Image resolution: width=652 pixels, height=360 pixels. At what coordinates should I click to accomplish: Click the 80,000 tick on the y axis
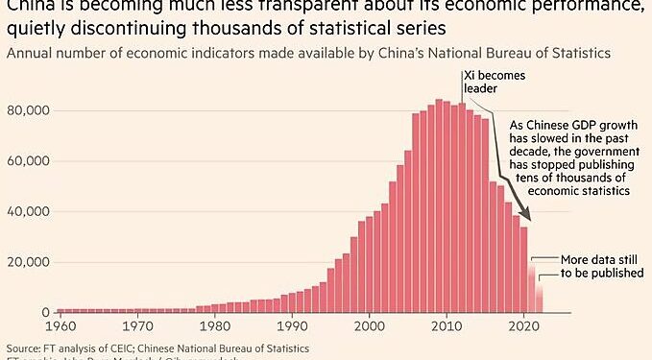30,110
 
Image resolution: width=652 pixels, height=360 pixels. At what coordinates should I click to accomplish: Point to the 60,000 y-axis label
30,161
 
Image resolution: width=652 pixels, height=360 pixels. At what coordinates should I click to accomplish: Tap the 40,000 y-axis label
30,212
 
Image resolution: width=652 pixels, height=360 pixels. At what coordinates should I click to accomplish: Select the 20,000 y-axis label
30,263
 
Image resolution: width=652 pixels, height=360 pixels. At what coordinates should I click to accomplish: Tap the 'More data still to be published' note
590,266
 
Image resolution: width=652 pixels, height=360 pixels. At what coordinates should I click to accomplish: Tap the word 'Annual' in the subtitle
30,51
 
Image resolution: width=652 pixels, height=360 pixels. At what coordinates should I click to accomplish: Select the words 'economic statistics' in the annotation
575,192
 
